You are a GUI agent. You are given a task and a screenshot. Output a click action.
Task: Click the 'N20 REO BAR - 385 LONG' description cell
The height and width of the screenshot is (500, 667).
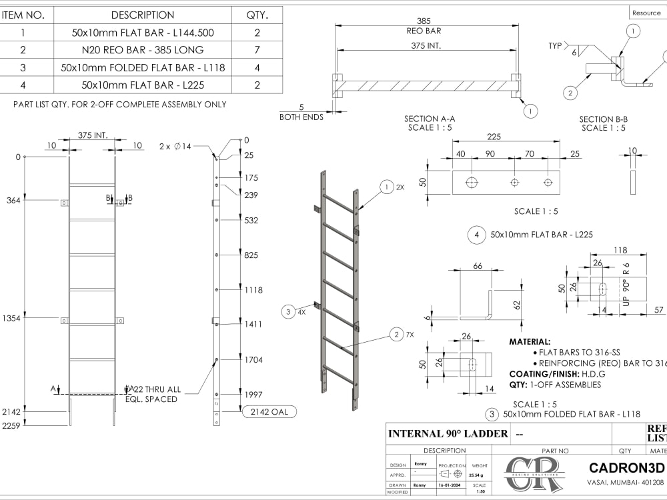coord(143,50)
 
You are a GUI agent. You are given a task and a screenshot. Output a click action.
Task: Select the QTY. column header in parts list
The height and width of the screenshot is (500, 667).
coord(257,15)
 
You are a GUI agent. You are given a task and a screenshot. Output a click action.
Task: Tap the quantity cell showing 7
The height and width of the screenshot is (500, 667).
coord(257,50)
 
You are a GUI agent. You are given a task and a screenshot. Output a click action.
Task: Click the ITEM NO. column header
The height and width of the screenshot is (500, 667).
coord(23,15)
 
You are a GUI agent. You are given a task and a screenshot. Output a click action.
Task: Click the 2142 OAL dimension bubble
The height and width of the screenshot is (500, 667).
coord(269,412)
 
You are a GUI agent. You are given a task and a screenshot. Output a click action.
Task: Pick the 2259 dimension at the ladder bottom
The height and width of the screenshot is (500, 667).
coord(11,425)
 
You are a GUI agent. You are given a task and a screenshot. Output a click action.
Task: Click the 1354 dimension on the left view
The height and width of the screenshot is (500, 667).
coord(11,319)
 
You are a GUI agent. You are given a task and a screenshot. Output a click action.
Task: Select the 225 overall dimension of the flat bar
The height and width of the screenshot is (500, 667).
coord(494,137)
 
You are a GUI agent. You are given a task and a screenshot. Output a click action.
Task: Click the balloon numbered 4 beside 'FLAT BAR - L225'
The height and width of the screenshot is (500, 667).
coord(476,235)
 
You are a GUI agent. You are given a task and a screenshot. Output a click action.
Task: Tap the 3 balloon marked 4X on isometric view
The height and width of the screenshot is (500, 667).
coord(288,311)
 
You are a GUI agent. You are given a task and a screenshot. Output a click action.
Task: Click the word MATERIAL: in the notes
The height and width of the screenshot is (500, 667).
coord(530,341)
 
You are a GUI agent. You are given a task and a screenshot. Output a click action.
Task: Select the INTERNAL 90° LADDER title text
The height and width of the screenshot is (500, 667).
coord(448,434)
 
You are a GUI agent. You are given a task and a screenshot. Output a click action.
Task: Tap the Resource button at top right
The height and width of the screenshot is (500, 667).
coord(646,13)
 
